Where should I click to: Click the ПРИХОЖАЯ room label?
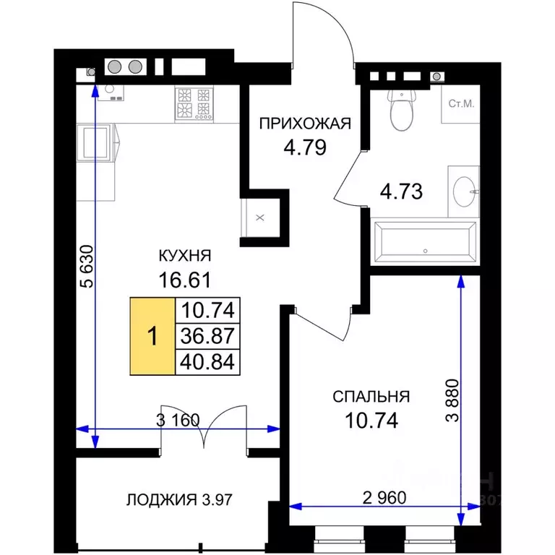(305, 124)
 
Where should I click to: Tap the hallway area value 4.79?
(305, 147)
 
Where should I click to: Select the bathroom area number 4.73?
(401, 192)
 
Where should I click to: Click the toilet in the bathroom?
(402, 110)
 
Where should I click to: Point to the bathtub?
(425, 243)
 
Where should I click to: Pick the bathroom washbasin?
(465, 191)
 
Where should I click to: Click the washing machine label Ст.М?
(461, 104)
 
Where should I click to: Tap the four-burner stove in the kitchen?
(194, 104)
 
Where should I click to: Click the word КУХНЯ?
(185, 256)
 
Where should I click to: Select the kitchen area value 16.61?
(185, 280)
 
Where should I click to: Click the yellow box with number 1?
(152, 336)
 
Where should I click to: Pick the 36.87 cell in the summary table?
(208, 336)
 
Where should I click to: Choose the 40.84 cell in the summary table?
(208, 362)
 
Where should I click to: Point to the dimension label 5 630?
(87, 266)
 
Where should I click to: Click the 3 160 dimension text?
(178, 420)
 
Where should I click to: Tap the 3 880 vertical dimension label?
(452, 400)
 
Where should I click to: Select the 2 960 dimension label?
(384, 498)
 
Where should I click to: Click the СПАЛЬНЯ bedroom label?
(371, 397)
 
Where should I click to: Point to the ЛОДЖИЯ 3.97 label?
(179, 500)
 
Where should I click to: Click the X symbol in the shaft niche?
(260, 218)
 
